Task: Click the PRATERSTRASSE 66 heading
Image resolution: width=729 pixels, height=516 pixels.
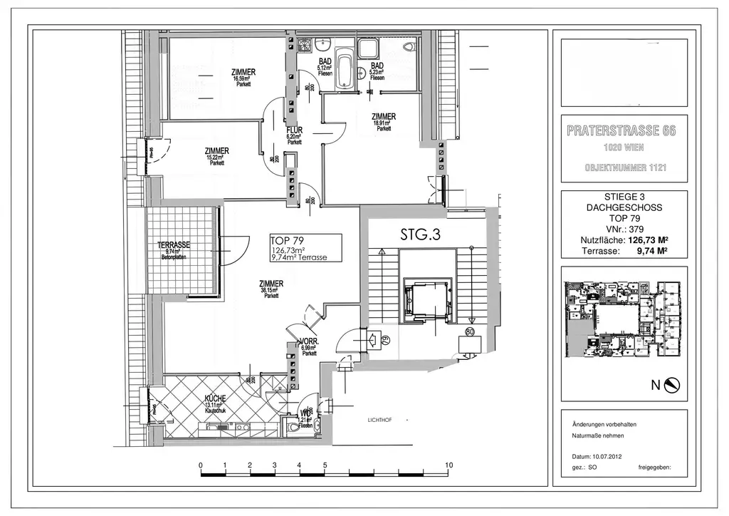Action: pos(622,131)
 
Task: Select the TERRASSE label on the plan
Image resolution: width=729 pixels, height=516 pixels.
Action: pos(173,244)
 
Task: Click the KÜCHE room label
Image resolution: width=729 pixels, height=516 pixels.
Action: pos(216,398)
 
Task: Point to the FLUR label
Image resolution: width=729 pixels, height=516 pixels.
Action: pos(295,130)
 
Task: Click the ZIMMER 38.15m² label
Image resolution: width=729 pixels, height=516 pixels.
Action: pos(271,284)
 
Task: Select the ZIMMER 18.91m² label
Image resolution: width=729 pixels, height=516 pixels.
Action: pos(384,117)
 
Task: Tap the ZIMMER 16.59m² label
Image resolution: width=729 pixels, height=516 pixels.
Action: pos(243,72)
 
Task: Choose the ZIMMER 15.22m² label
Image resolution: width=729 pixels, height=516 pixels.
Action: pos(216,151)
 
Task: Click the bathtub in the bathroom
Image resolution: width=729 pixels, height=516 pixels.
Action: pos(345,68)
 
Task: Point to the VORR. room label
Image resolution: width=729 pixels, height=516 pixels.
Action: pos(309,341)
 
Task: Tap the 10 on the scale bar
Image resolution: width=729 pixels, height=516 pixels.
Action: pos(449,465)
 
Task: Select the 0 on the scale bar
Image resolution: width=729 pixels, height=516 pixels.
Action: pos(201,465)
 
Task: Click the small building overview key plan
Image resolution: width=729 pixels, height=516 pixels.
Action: pos(624,321)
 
